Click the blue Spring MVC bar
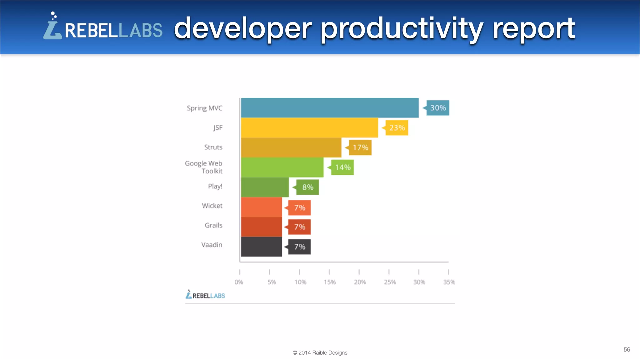(330, 108)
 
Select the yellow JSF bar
(309, 127)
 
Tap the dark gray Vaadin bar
(261, 247)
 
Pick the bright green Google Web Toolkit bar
(282, 167)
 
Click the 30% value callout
(437, 108)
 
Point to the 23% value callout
(397, 128)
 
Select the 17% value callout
(360, 147)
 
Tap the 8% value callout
(307, 187)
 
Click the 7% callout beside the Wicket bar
(299, 208)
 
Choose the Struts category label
(213, 147)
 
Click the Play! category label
(215, 186)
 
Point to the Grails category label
(213, 225)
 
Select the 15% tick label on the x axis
(329, 282)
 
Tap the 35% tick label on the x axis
(449, 282)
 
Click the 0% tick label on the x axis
(239, 282)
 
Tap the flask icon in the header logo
(52, 27)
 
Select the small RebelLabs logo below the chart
(205, 295)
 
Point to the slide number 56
(627, 349)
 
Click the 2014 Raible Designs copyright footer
(320, 352)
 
